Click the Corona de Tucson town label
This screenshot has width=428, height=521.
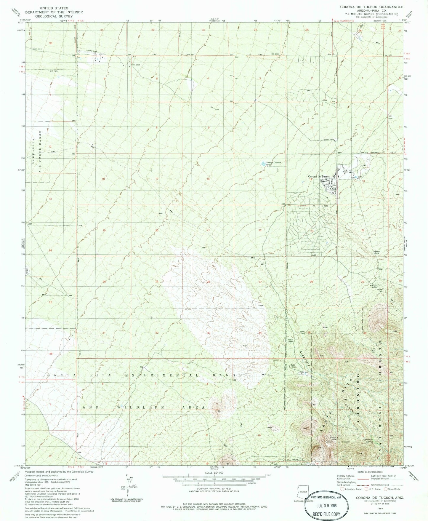[319, 177]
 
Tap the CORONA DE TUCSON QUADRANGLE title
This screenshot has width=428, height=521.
[371, 7]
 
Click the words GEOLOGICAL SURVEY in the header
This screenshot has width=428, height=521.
[54, 16]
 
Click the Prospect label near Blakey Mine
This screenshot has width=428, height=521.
[346, 442]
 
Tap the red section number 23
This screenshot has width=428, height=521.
[312, 231]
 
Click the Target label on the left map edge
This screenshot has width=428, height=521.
[27, 271]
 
